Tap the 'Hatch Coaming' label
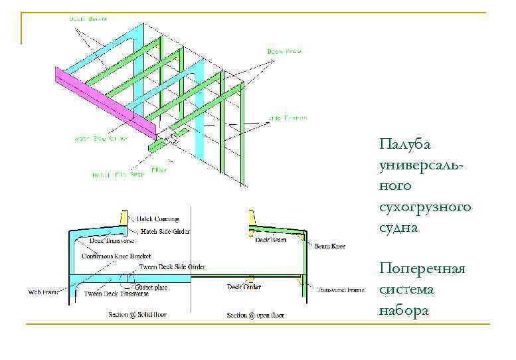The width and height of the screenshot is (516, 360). point(156,218)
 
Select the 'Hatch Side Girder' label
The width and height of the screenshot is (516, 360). point(165,232)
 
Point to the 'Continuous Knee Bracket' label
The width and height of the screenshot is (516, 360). point(116,255)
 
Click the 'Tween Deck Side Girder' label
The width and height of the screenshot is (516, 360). point(172,266)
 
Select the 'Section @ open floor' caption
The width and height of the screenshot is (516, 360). point(256,315)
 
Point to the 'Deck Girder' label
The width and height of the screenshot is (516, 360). point(244,287)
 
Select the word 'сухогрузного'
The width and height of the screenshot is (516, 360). point(425,207)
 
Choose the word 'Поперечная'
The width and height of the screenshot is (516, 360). point(422,268)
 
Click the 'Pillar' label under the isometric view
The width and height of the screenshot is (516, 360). point(159,169)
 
